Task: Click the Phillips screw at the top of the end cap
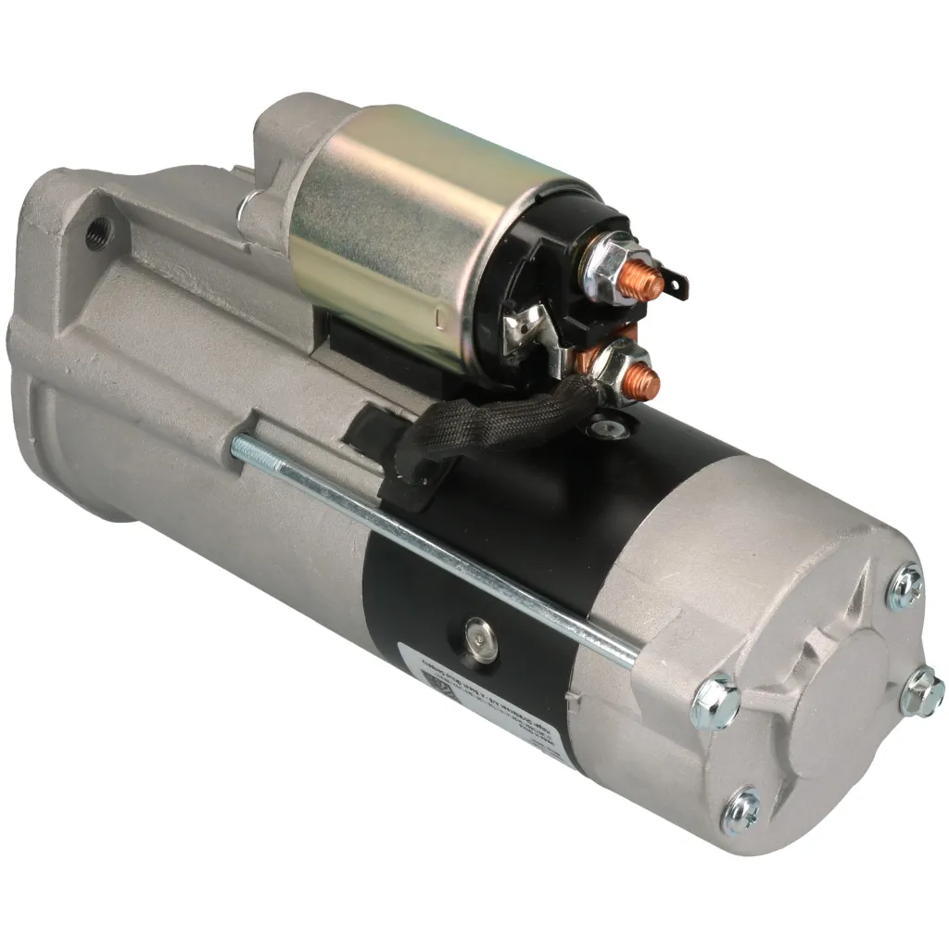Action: point(905,588)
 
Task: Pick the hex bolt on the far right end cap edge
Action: point(921,692)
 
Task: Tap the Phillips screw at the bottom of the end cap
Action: point(742,808)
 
